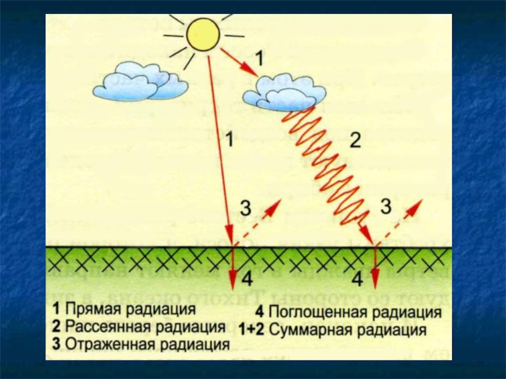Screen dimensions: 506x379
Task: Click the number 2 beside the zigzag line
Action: point(355,141)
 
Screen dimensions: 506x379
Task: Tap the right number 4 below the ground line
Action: point(357,278)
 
